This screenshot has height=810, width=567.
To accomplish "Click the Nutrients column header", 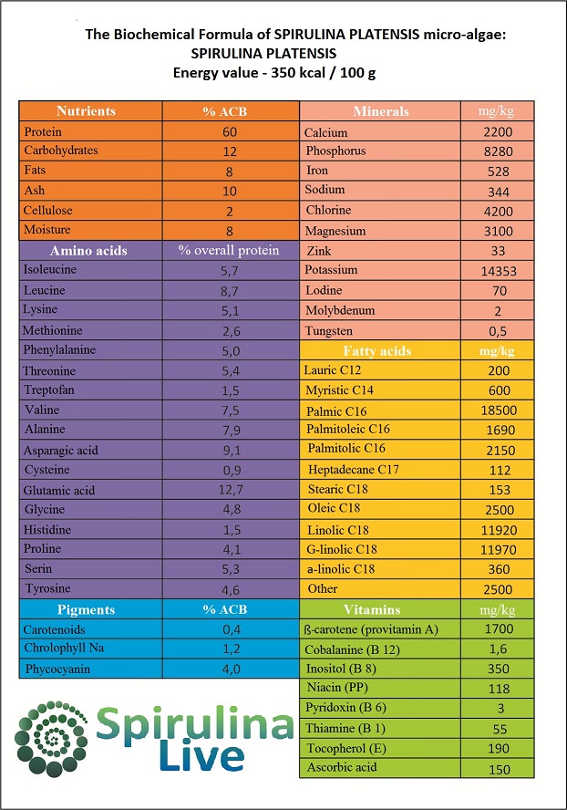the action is (x=86, y=111).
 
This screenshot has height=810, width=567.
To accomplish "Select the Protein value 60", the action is (x=230, y=131).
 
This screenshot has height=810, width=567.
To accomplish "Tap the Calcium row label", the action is (x=325, y=133).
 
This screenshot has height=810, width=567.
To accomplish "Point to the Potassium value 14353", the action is (x=499, y=271).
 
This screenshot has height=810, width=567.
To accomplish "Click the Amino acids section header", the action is (x=88, y=251).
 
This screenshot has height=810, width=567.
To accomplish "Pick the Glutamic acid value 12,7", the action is (x=231, y=489).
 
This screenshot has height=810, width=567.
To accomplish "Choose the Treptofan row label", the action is (x=49, y=390).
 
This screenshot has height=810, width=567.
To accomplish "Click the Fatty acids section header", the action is (x=377, y=351).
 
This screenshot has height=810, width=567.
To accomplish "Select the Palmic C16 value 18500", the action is (x=499, y=410).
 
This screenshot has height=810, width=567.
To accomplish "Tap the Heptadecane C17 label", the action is (x=353, y=470).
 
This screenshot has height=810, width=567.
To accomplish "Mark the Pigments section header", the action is (x=86, y=609).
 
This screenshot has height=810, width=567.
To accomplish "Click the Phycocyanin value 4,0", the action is (x=232, y=669).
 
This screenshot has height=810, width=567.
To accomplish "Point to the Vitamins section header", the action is (x=372, y=609).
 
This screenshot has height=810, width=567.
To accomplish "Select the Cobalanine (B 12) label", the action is (x=352, y=649).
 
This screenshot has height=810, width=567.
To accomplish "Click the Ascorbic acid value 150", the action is (x=500, y=769).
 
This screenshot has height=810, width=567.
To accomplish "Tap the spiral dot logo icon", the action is (x=51, y=739).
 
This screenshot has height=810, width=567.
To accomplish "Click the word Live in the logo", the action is (x=201, y=756).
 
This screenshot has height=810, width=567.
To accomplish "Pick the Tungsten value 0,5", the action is (x=498, y=331).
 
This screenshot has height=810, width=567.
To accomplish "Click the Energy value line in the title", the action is (x=274, y=73).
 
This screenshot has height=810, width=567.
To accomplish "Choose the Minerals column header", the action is (x=380, y=111).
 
